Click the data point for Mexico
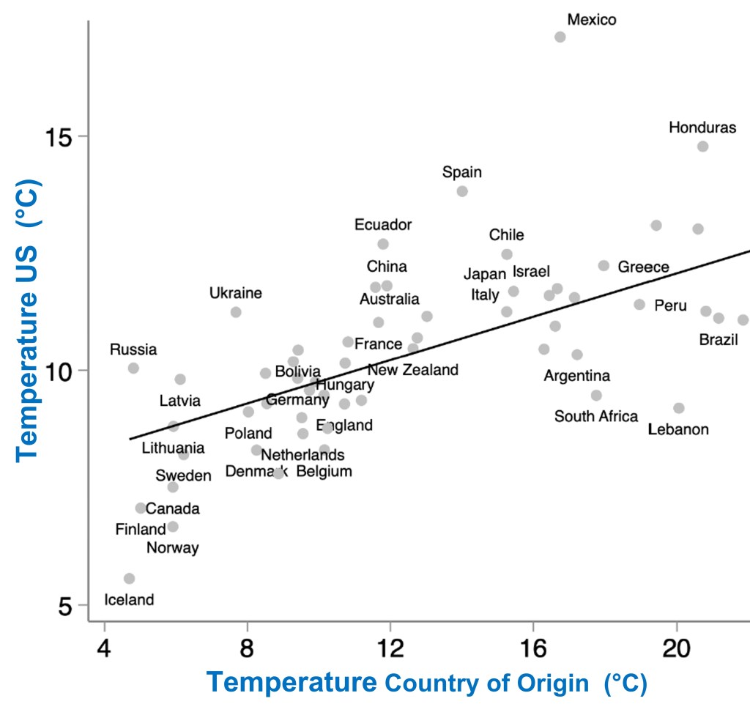tap(560, 37)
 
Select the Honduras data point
tap(702, 146)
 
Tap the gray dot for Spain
tap(462, 191)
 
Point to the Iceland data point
tap(130, 579)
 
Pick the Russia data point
tap(133, 368)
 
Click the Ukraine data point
tap(236, 312)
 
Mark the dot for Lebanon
tap(679, 408)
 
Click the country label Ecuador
tap(383, 225)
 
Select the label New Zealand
tap(413, 370)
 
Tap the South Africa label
tap(596, 417)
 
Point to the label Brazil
tap(719, 340)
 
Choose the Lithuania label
tap(174, 448)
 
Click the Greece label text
tap(643, 267)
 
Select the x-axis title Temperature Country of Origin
tap(426, 683)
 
